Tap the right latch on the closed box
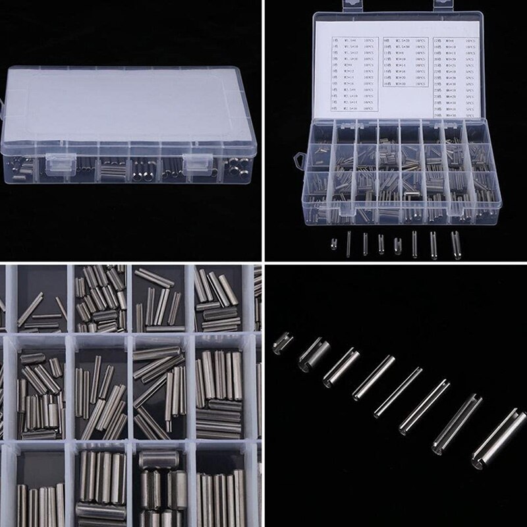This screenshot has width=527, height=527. [x=196, y=163]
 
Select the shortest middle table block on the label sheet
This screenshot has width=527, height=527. [x=402, y=63]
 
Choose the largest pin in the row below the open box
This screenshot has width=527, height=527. [x=454, y=243]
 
